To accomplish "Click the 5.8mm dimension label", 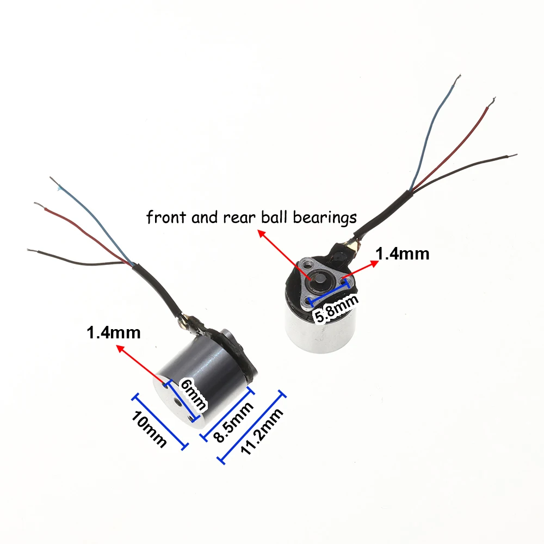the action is click(x=333, y=309).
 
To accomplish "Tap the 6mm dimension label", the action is click(x=193, y=394).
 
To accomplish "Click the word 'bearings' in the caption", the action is click(x=325, y=218).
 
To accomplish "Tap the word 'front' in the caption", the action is click(x=164, y=218).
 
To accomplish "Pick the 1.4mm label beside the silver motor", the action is click(x=402, y=254).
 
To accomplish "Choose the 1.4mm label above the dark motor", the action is click(x=113, y=332).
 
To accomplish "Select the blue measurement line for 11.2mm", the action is click(x=252, y=427).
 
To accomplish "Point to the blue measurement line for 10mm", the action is click(x=160, y=421).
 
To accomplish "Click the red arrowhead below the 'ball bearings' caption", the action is click(x=260, y=233).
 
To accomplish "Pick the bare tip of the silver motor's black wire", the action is click(x=513, y=156).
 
